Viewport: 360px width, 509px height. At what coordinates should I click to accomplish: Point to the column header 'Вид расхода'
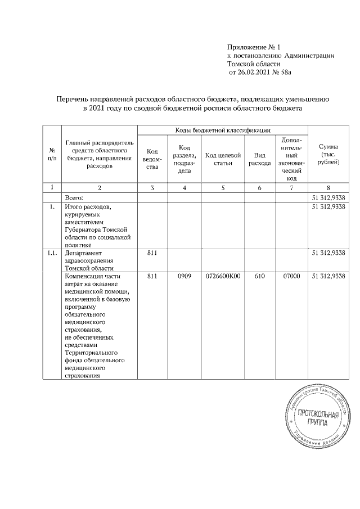tap(259, 159)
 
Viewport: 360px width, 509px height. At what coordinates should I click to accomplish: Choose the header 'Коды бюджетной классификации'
tap(223, 130)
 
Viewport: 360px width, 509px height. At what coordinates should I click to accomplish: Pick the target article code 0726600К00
tap(223, 276)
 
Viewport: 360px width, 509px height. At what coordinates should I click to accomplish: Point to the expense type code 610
tap(259, 276)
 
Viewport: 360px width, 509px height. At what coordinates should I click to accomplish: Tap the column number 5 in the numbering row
tap(223, 187)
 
